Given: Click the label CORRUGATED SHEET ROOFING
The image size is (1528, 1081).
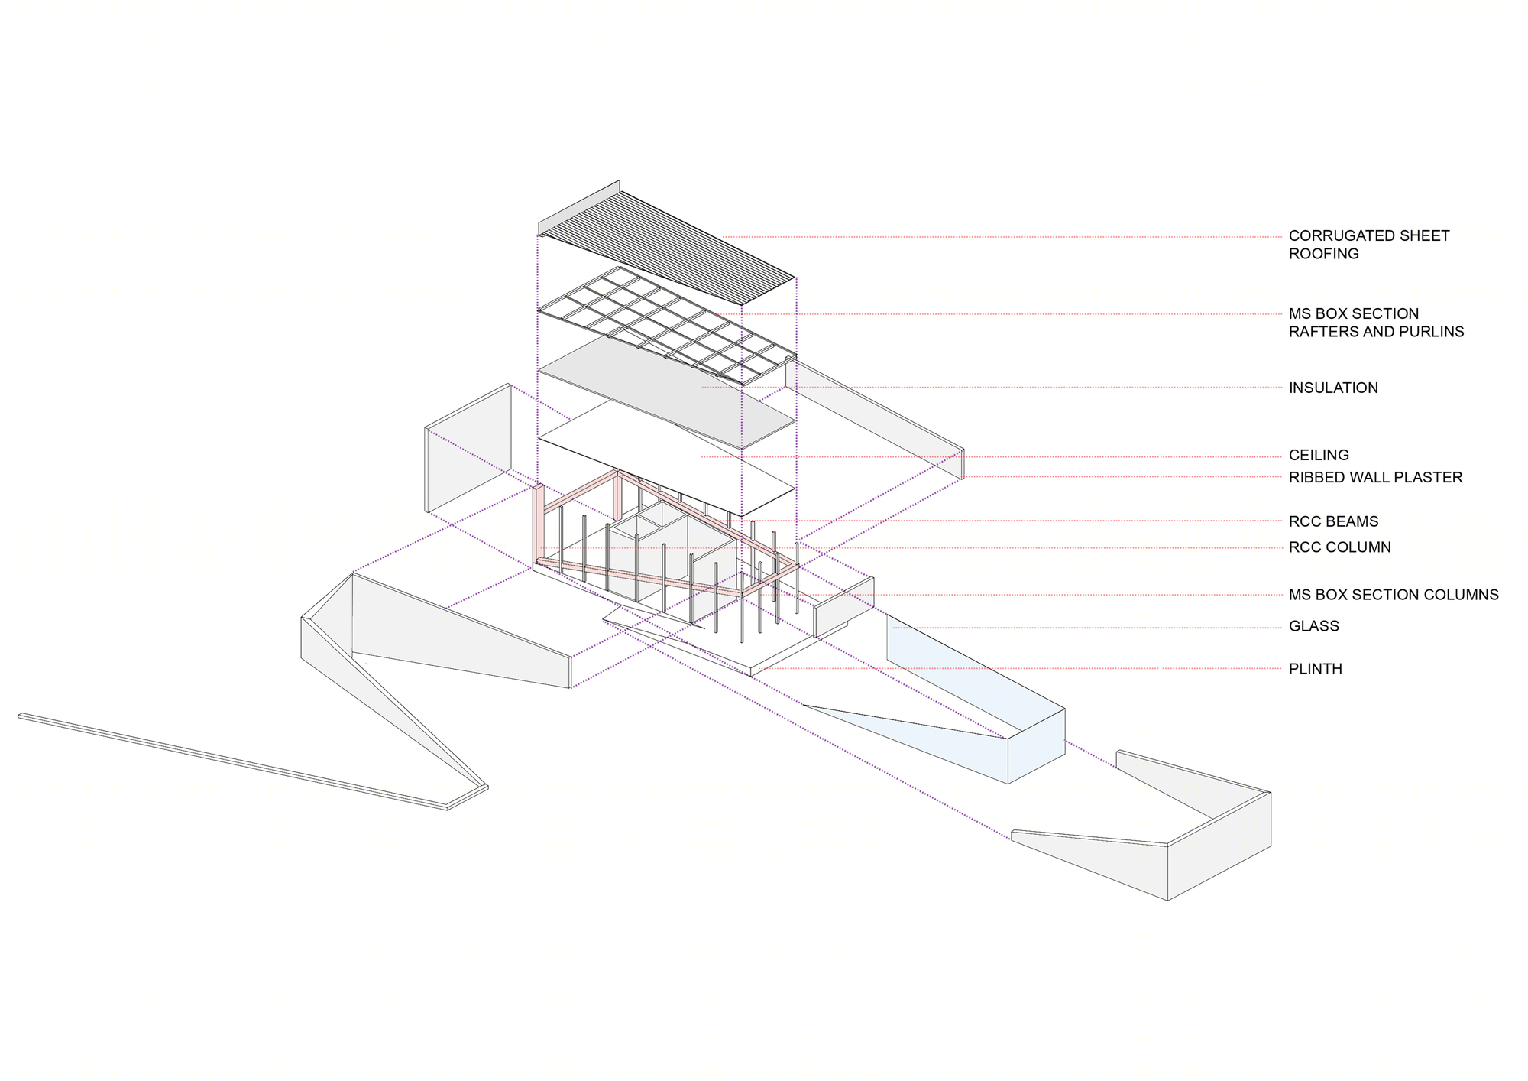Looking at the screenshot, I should click(x=1368, y=245).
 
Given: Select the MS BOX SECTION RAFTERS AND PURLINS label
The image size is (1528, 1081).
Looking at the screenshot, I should click(x=1375, y=323).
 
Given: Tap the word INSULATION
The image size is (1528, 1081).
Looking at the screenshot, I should click(x=1333, y=388).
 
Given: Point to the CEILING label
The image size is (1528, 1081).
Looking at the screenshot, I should click(x=1319, y=455).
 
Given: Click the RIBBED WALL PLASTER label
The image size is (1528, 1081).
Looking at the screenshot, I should click(x=1375, y=477).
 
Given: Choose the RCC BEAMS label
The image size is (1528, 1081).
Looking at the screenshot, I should click(x=1333, y=521).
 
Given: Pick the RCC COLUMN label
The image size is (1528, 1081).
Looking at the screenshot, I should click(x=1339, y=547).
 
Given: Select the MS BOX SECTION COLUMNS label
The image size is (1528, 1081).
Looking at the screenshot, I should click(x=1394, y=595).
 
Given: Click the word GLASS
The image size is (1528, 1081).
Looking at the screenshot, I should click(x=1313, y=626).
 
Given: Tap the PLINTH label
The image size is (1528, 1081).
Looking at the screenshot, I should click(x=1315, y=669).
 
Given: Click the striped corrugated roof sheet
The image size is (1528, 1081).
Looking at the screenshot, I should click(x=672, y=237).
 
